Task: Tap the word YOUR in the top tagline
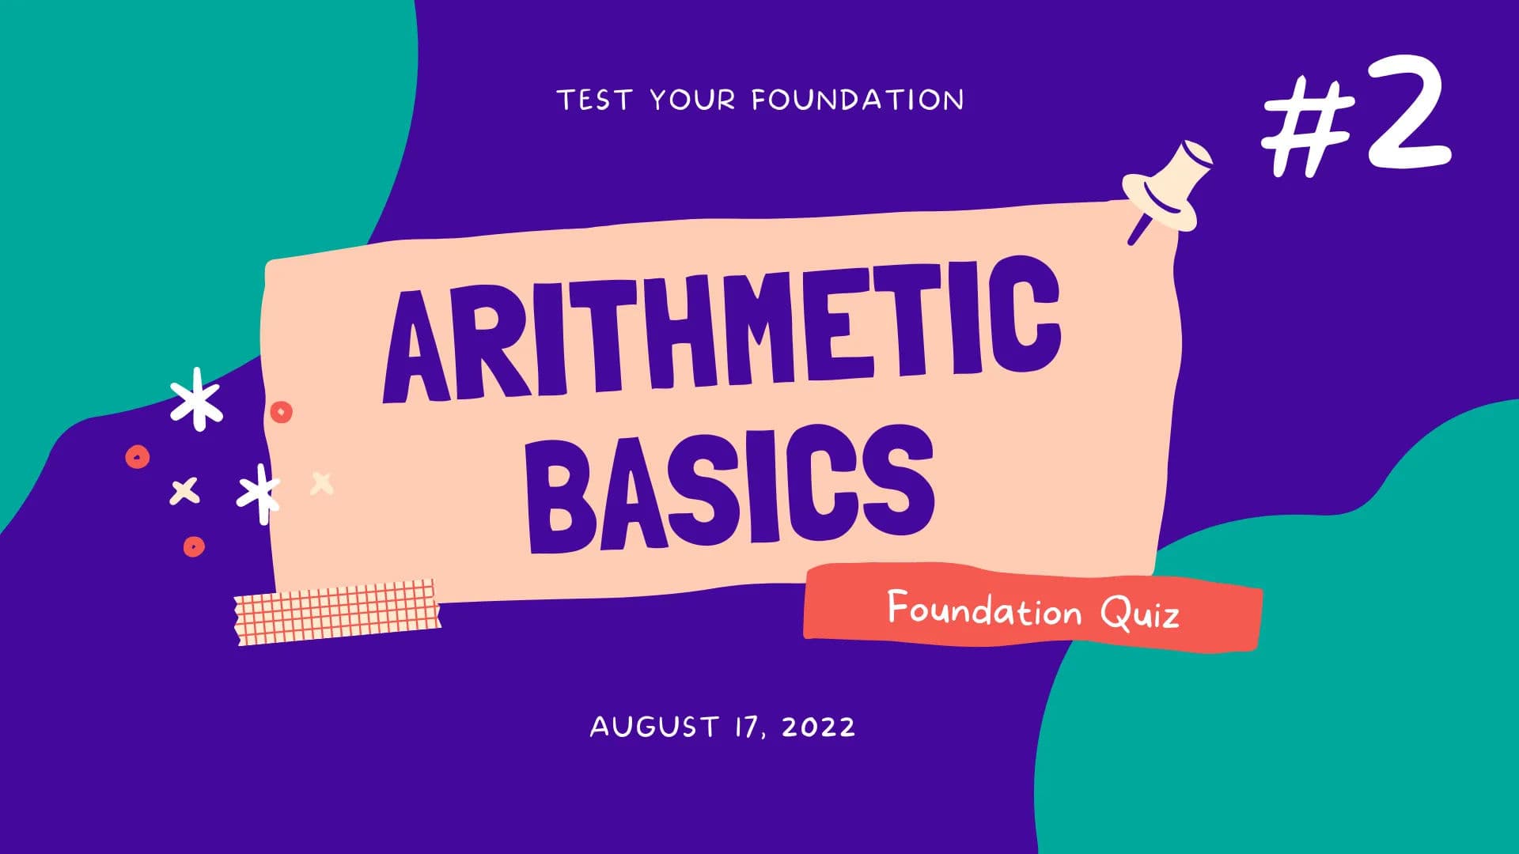click(692, 100)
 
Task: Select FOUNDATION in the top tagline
click(858, 100)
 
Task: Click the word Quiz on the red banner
click(1139, 613)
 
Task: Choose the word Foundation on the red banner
click(984, 610)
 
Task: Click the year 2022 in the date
click(819, 727)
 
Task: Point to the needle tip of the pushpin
click(1133, 240)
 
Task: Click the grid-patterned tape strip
click(338, 611)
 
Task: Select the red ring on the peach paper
click(281, 412)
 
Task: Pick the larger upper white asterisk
click(196, 399)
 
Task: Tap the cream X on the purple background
click(184, 491)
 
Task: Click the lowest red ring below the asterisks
click(194, 546)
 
